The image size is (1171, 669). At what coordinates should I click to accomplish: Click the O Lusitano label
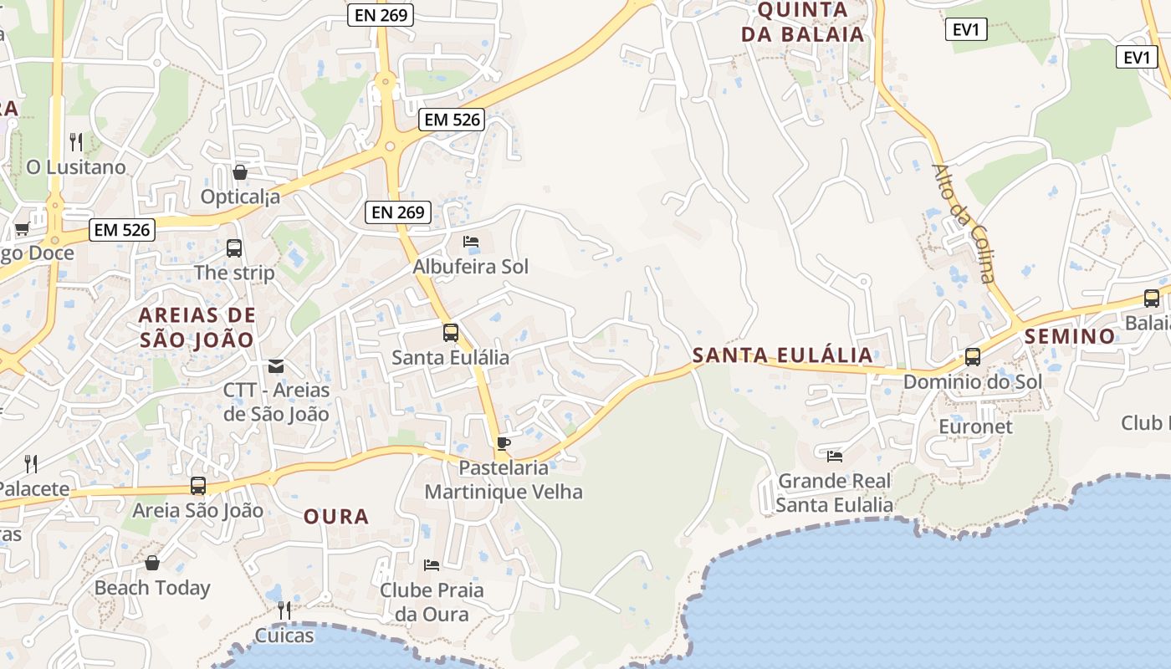76,167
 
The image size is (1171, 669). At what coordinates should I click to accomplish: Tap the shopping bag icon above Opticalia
240,172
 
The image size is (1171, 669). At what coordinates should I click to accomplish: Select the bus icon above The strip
234,248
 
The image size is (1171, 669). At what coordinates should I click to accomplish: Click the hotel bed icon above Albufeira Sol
471,243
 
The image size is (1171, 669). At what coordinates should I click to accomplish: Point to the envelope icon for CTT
276,366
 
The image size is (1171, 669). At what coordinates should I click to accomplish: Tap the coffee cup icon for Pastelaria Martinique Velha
503,443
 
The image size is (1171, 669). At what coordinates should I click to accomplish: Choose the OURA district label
336,517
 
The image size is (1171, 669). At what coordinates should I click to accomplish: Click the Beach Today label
152,588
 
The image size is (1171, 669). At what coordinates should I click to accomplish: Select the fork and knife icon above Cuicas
284,610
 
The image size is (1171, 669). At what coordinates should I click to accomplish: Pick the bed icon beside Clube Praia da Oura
432,565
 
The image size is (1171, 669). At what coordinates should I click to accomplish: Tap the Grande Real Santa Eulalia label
834,493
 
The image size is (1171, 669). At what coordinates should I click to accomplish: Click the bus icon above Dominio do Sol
973,357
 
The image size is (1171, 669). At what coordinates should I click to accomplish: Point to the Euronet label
975,426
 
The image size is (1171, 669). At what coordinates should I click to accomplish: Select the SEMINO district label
1070,337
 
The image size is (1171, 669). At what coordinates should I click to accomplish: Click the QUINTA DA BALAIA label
810,22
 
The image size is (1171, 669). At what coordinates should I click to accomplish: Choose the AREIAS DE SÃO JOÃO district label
197,328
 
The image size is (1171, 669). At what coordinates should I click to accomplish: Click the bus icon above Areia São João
198,486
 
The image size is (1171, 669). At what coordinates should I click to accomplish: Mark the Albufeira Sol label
471,268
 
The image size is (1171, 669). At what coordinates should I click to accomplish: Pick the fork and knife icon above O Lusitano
76,141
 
